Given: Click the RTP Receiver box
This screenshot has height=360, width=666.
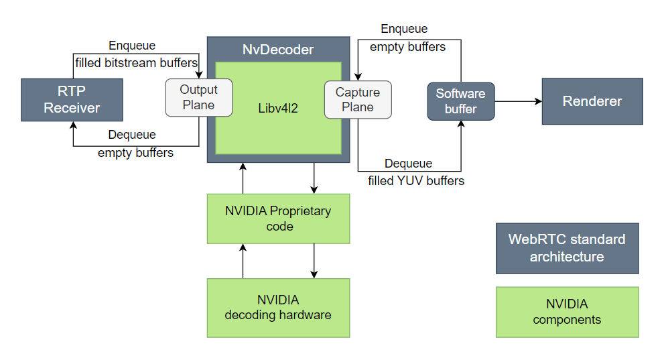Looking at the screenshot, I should pos(72,99).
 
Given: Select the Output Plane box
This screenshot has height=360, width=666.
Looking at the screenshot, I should pos(198,97).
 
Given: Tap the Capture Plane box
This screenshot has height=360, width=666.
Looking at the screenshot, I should pos(358,100).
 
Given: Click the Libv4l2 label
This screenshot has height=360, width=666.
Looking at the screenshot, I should pos(278,107).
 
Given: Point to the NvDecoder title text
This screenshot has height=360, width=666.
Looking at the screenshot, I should pos(277,50).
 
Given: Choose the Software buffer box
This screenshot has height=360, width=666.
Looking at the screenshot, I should pos(460,101).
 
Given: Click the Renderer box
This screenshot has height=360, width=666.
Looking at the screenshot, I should pos(592,101).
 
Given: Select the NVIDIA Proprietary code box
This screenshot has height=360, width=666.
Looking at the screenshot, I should pos(278,219).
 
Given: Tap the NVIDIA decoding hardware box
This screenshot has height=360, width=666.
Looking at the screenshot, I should pos(278,307).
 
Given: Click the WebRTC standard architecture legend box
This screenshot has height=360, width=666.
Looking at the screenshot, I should pos(567,248).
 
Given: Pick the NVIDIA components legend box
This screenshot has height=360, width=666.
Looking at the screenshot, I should pos(567,312).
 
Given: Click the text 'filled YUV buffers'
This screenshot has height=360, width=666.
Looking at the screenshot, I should pos(416,180).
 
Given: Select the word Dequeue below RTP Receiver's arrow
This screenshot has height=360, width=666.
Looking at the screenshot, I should pos(132,135).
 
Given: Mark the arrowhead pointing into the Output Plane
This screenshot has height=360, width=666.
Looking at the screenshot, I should pos(199,74).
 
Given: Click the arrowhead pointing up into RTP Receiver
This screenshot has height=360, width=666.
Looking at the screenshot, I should pos(72,126).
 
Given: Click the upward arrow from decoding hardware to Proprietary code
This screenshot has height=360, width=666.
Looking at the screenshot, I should pos(243,261).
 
